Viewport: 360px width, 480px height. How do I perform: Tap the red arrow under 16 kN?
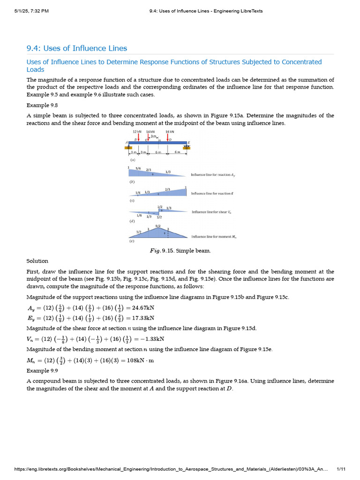click(167, 138)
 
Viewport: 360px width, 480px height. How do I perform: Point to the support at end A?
click(128, 147)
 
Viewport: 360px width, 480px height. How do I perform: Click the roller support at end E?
click(187, 147)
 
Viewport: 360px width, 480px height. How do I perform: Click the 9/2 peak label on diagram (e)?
click(158, 225)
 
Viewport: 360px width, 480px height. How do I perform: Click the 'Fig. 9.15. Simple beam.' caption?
click(180, 251)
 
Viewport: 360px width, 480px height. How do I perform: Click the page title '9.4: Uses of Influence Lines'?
click(76, 48)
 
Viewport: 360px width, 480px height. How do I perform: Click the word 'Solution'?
click(37, 261)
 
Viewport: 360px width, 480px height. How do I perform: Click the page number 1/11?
click(341, 469)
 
